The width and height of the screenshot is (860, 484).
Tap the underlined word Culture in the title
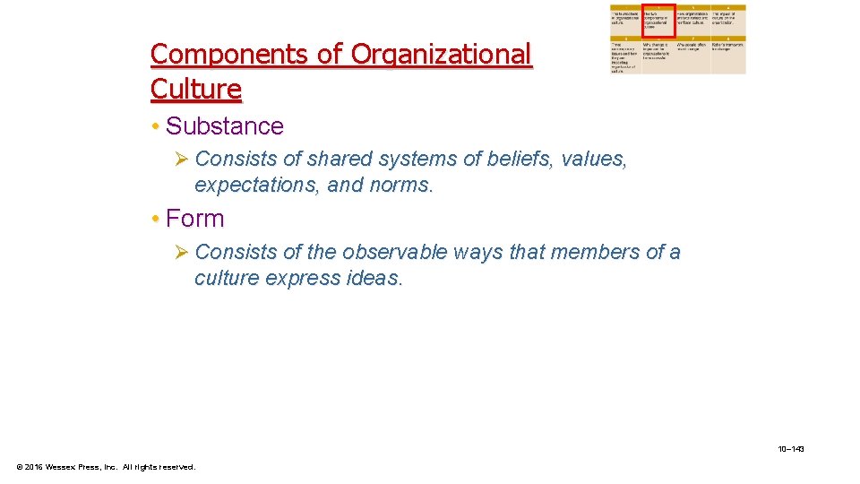click(195, 90)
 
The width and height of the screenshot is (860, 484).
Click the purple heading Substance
click(224, 126)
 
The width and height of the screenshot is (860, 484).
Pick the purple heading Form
click(194, 219)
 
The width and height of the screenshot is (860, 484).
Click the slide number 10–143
click(791, 448)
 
